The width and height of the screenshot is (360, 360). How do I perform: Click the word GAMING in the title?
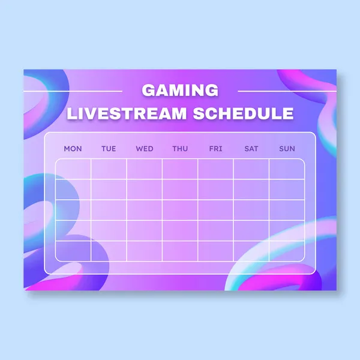tap(180, 91)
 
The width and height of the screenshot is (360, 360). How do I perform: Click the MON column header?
tap(73, 149)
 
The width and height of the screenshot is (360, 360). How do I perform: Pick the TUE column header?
tap(109, 149)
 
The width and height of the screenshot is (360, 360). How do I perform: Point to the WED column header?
tap(145, 149)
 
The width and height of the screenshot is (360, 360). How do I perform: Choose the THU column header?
tap(180, 149)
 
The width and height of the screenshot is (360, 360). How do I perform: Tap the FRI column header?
tap(215, 149)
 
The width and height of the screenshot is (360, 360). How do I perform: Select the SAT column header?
tap(251, 149)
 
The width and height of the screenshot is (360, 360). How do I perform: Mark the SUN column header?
tap(287, 149)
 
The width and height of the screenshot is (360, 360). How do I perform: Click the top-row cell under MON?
tap(73, 169)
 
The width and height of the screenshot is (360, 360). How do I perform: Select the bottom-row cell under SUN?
tap(287, 250)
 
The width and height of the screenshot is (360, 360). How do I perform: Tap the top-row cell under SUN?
tap(287, 169)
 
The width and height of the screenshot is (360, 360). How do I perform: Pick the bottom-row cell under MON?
tap(73, 250)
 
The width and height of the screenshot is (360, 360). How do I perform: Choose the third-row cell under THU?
tap(180, 209)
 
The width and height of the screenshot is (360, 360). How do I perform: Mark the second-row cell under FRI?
tap(215, 189)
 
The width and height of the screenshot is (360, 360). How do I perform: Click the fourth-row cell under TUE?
tap(109, 230)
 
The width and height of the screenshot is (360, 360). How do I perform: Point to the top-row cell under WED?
tap(145, 169)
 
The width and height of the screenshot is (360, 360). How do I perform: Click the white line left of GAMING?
tap(73, 92)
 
